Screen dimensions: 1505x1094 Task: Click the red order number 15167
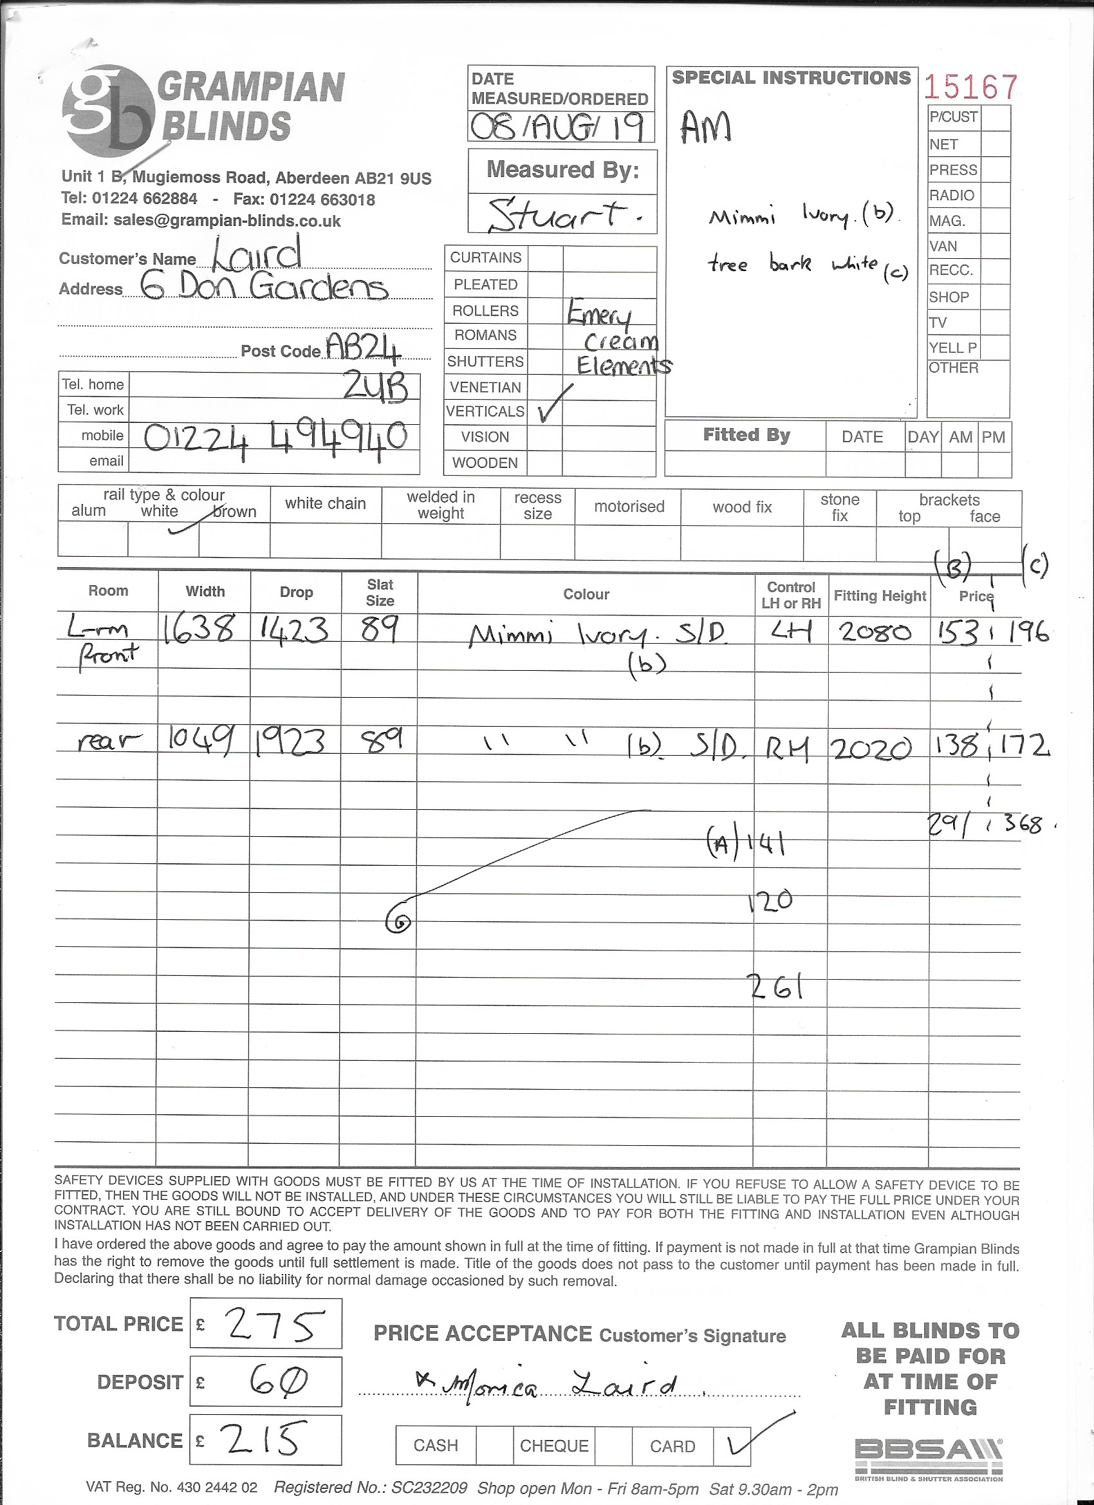pyautogui.click(x=969, y=87)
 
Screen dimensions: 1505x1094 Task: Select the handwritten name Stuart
pyautogui.click(x=559, y=214)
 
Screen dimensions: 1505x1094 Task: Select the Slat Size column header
pyautogui.click(x=380, y=593)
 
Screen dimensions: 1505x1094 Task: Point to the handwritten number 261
pyautogui.click(x=776, y=986)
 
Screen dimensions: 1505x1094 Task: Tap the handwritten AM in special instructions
pyautogui.click(x=705, y=127)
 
